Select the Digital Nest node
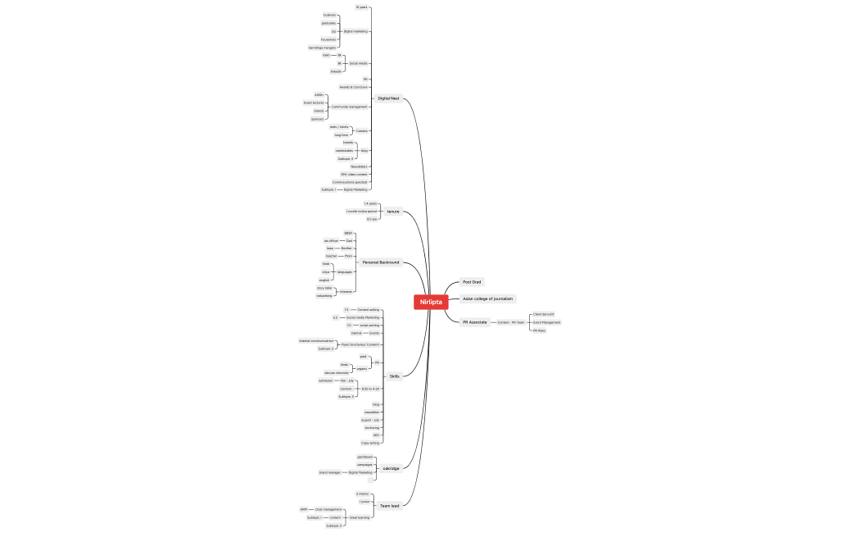pyautogui.click(x=388, y=98)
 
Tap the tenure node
pyautogui.click(x=393, y=212)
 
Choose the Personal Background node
pyautogui.click(x=381, y=262)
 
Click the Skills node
pyautogui.click(x=394, y=376)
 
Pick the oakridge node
pyautogui.click(x=392, y=468)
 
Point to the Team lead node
pyautogui.click(x=389, y=506)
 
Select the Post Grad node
pyautogui.click(x=473, y=282)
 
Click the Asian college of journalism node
pyautogui.click(x=487, y=298)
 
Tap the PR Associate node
pyautogui.click(x=474, y=322)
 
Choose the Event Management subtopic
pyautogui.click(x=546, y=322)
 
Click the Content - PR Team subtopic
pyautogui.click(x=510, y=322)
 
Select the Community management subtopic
pyautogui.click(x=354, y=107)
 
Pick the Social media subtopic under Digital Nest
pyautogui.click(x=358, y=63)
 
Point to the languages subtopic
pyautogui.click(x=345, y=271)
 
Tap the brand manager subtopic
pyautogui.click(x=329, y=472)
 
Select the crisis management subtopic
pyautogui.click(x=328, y=509)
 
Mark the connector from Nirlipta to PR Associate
pyautogui.click(x=453, y=317)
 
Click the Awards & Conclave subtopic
pyautogui.click(x=354, y=87)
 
